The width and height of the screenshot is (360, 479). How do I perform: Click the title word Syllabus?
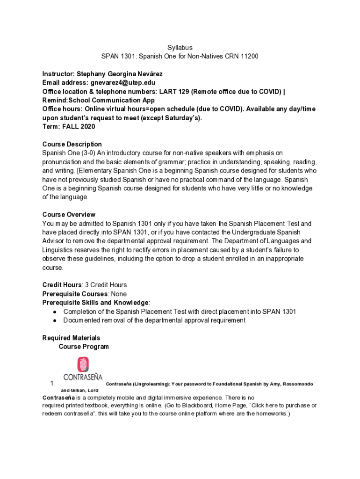[180, 48]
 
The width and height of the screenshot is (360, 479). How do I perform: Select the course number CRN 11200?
[243, 57]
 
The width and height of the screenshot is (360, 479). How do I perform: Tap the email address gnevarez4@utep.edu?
[123, 83]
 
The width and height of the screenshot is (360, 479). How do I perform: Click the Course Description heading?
[72, 145]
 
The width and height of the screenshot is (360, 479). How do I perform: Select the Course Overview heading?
[69, 215]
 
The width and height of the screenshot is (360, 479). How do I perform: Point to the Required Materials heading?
[71, 338]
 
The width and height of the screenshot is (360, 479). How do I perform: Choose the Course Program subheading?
[84, 347]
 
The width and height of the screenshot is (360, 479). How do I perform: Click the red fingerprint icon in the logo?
[83, 365]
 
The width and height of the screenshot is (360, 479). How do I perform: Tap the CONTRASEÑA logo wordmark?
[83, 377]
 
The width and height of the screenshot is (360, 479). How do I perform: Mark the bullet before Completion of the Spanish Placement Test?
[55, 312]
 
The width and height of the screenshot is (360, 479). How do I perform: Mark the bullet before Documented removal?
[55, 321]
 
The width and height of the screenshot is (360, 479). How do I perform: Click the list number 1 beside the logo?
[53, 384]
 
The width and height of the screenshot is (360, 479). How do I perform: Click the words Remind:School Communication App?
[98, 101]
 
